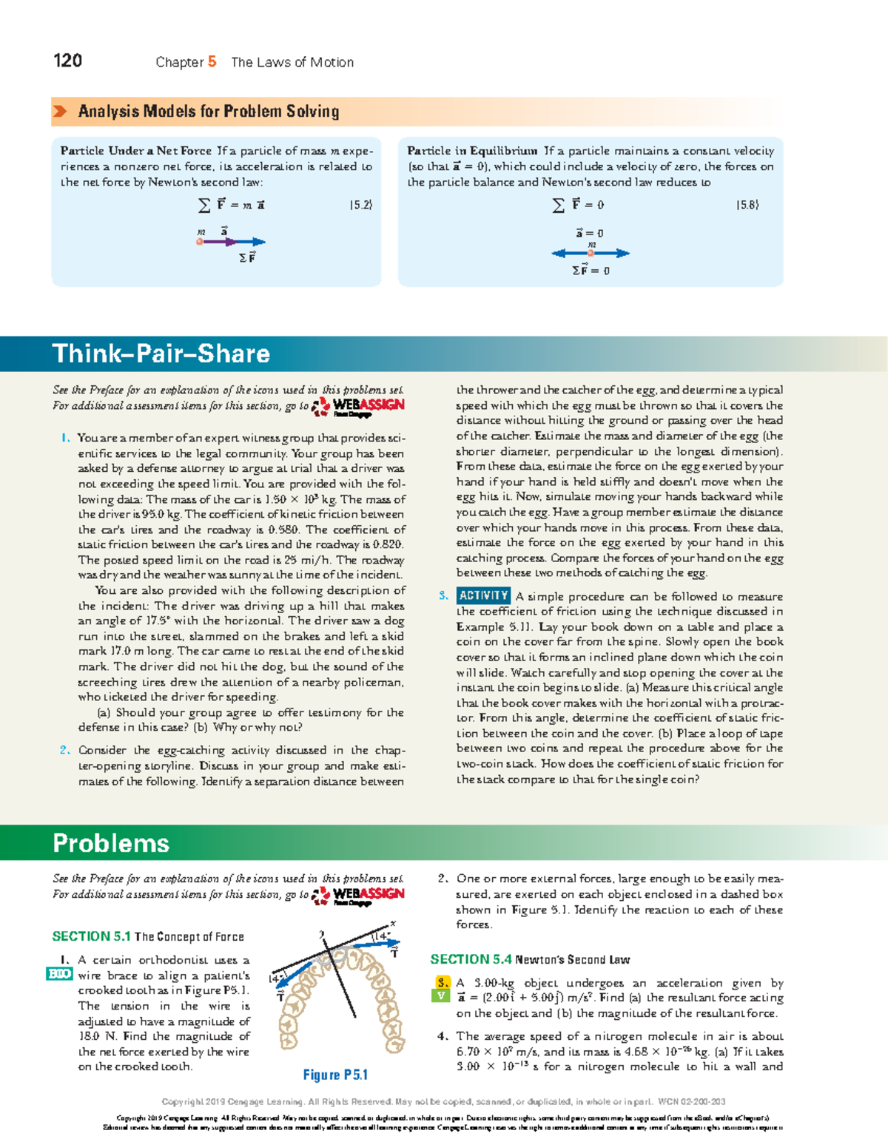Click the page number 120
pyautogui.click(x=67, y=61)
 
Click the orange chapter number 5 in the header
pyautogui.click(x=212, y=61)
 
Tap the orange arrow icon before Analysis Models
pyautogui.click(x=60, y=112)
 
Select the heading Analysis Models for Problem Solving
pyautogui.click(x=209, y=112)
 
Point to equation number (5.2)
pyautogui.click(x=361, y=205)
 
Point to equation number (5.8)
pyautogui.click(x=747, y=205)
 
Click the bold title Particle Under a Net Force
pyautogui.click(x=135, y=151)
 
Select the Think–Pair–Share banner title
pyautogui.click(x=161, y=354)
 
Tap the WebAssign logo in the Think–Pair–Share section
pyautogui.click(x=359, y=406)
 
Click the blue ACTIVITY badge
pyautogui.click(x=483, y=596)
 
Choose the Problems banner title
pyautogui.click(x=111, y=843)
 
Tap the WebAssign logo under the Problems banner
pyautogui.click(x=359, y=895)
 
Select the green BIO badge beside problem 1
pyautogui.click(x=59, y=974)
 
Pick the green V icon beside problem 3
pyautogui.click(x=441, y=995)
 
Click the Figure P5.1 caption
pyautogui.click(x=335, y=1075)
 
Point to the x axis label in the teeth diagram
pyautogui.click(x=393, y=924)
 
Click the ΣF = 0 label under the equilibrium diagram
pyautogui.click(x=591, y=271)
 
